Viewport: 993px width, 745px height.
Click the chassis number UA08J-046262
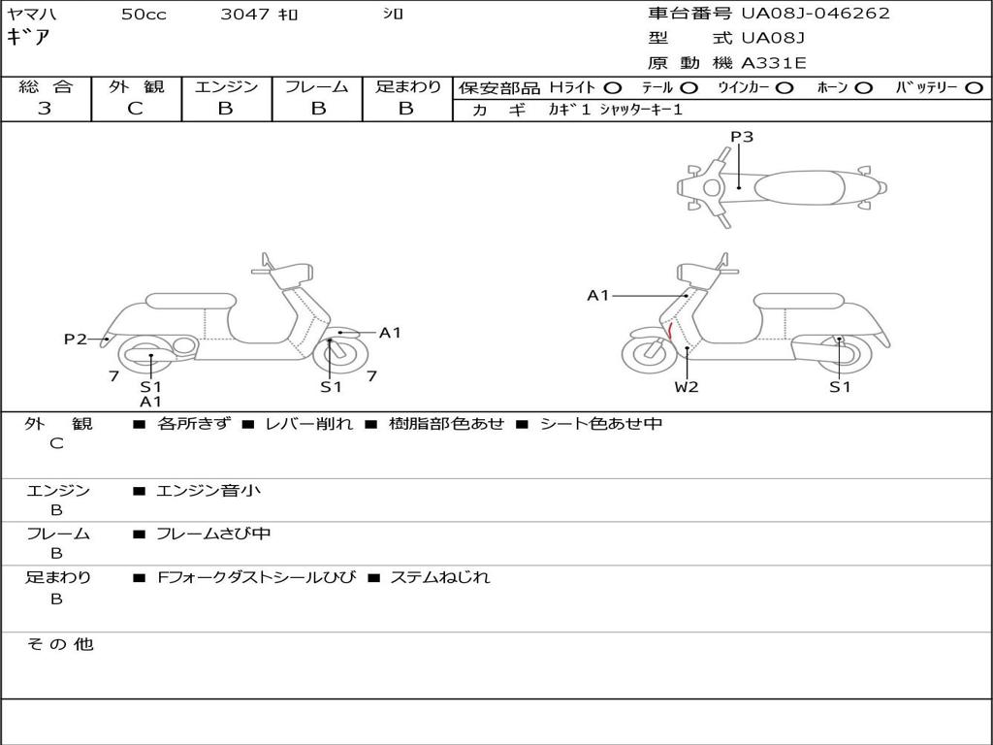pyautogui.click(x=816, y=14)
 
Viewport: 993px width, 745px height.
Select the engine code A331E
pyautogui.click(x=774, y=63)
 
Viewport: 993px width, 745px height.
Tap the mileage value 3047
pyautogui.click(x=247, y=15)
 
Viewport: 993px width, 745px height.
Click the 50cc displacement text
pyautogui.click(x=144, y=15)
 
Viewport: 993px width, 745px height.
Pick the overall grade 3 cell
pyautogui.click(x=45, y=109)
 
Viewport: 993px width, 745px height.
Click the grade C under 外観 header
pyautogui.click(x=135, y=109)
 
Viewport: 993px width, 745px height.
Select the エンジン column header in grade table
pyautogui.click(x=226, y=86)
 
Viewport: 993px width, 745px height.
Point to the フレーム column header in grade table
pyautogui.click(x=317, y=86)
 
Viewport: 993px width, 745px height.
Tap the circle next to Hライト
pyautogui.click(x=613, y=87)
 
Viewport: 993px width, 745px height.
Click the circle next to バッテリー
pyautogui.click(x=975, y=87)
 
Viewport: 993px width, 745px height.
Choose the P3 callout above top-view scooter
pyautogui.click(x=742, y=137)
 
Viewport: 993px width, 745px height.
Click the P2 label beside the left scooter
pyautogui.click(x=76, y=339)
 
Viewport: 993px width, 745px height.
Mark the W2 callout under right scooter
pyautogui.click(x=687, y=387)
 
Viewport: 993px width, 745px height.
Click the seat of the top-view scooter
pyautogui.click(x=798, y=186)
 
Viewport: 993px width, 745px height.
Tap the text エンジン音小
pyautogui.click(x=208, y=491)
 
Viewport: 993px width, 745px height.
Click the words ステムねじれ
pyautogui.click(x=439, y=577)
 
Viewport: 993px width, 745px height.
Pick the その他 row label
pyautogui.click(x=59, y=644)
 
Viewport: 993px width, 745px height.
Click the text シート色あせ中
pyautogui.click(x=601, y=424)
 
